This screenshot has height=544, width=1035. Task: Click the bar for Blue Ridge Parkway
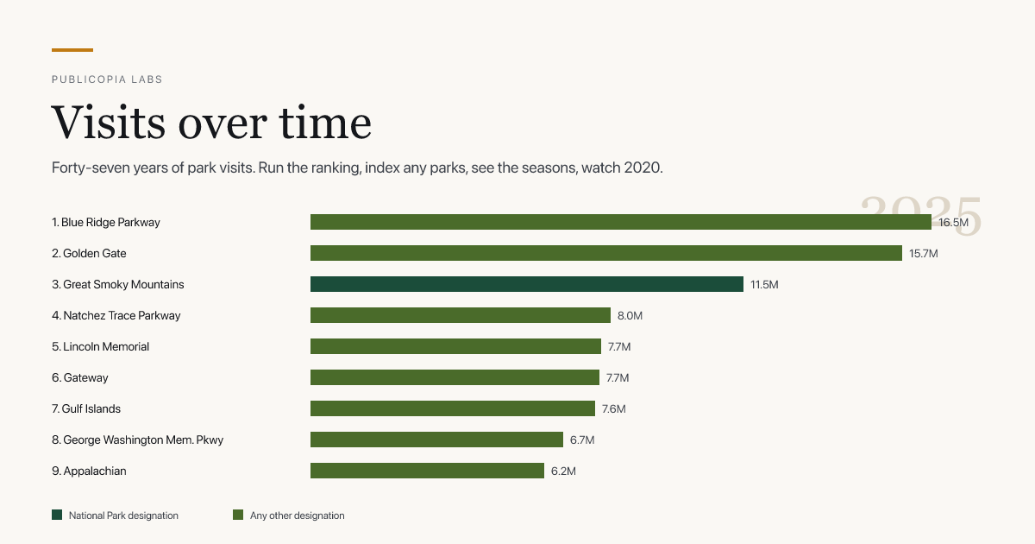coord(620,222)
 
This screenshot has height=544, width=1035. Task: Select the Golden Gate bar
coord(606,253)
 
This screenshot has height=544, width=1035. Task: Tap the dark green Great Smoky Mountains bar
coord(527,284)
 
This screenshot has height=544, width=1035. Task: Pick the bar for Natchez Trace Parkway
coord(461,315)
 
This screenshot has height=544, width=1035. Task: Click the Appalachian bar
coord(428,471)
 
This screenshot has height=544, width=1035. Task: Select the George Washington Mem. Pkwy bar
coord(436,440)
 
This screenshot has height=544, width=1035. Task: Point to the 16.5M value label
coord(953,223)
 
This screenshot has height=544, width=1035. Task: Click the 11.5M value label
coord(764,284)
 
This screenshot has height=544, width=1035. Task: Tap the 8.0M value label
coord(630,315)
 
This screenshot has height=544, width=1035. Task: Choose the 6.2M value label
coord(563,471)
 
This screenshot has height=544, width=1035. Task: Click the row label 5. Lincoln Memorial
coord(100,346)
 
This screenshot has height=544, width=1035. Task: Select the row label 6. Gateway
coord(80,378)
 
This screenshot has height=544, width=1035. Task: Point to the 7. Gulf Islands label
coord(86,409)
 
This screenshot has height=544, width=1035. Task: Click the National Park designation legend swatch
coord(57,515)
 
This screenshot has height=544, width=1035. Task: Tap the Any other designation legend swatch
coord(238,515)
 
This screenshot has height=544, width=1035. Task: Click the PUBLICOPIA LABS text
coord(107,79)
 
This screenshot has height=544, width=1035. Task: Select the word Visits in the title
coord(108,123)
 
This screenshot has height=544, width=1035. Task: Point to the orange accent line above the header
coord(72,50)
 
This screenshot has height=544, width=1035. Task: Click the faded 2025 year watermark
coord(920,216)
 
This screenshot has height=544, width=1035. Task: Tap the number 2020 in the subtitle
coord(643,168)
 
